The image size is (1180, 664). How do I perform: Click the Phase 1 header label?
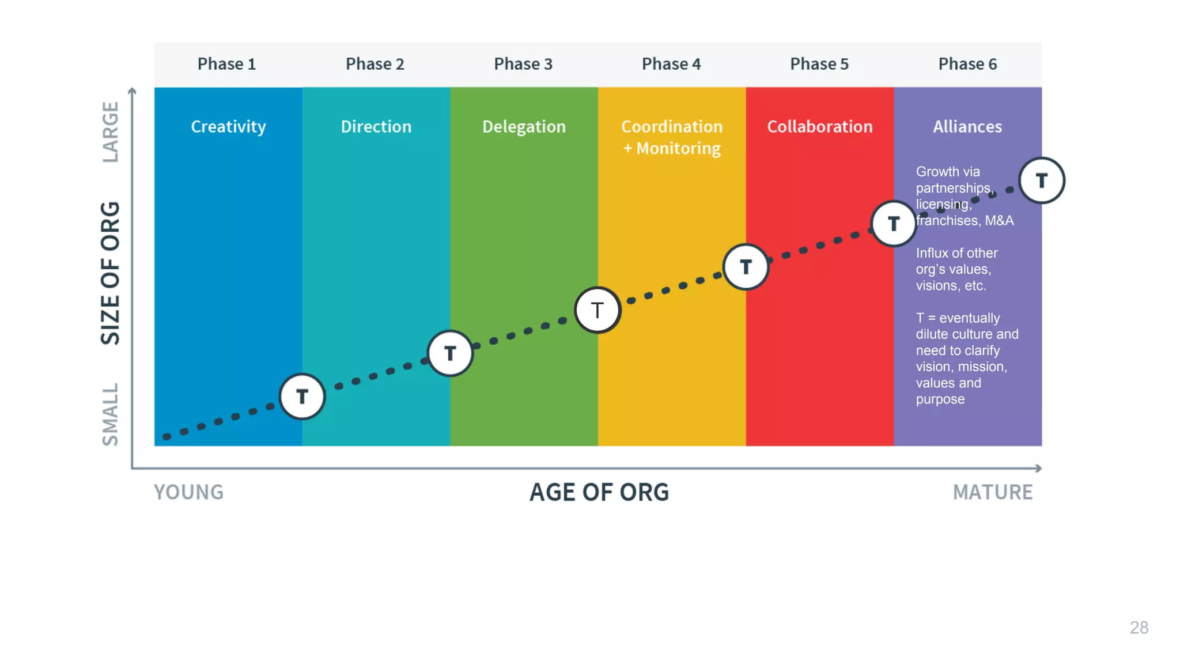(226, 64)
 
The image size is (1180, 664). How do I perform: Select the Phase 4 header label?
(671, 64)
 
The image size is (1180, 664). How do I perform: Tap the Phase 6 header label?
(967, 64)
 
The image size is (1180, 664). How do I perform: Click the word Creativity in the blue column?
(228, 127)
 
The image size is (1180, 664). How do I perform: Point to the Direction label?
(376, 127)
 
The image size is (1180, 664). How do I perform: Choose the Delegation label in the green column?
(524, 127)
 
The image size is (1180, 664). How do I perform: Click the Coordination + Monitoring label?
(672, 137)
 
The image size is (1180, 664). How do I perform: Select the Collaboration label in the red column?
(820, 127)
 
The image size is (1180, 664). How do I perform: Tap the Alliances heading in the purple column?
(967, 127)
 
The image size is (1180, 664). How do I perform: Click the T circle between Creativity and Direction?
(302, 397)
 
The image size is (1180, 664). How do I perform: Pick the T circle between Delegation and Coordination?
(597, 310)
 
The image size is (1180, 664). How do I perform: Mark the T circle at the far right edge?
(1042, 180)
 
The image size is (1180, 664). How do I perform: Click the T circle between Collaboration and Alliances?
(894, 224)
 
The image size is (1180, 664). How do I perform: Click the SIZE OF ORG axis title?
(110, 273)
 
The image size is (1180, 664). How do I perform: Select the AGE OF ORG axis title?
(599, 492)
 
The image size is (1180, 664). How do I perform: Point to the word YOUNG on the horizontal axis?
(188, 492)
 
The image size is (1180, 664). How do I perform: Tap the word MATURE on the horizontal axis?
(992, 492)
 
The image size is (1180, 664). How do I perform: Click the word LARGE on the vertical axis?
(110, 132)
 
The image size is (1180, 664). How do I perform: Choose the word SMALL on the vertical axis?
(110, 414)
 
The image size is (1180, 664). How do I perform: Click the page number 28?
(1139, 628)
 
